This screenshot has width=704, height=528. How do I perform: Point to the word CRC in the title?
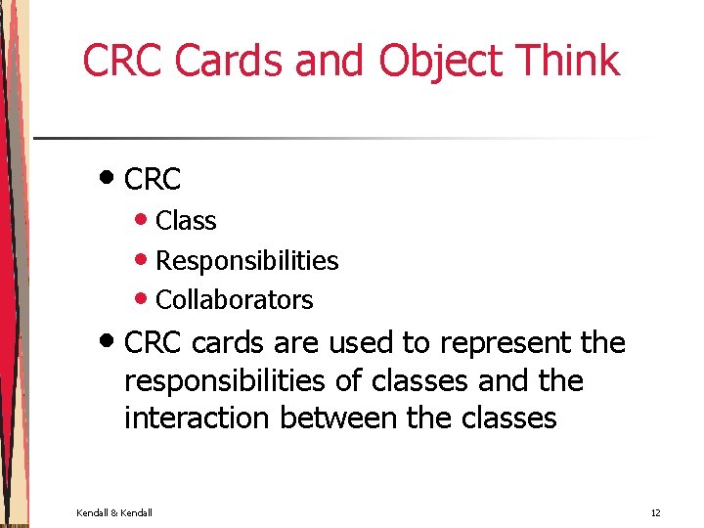[124, 61]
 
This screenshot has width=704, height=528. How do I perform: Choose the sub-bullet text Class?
[186, 222]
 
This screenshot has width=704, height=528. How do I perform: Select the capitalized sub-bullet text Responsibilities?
[246, 261]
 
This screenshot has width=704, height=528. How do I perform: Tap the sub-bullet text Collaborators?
[235, 300]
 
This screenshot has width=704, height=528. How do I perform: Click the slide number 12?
[656, 512]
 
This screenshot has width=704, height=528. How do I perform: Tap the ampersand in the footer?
[115, 512]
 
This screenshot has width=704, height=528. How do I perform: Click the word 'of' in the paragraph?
[359, 381]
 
